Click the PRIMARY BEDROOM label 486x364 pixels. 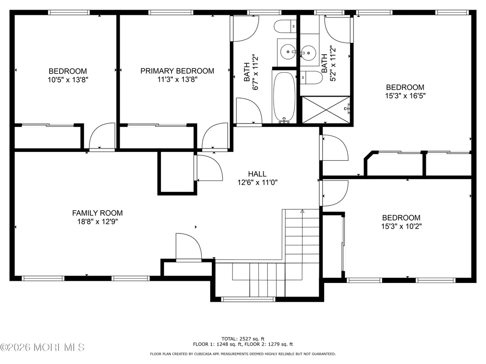(x=177, y=71)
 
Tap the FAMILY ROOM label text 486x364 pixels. (x=97, y=213)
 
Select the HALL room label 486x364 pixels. (x=257, y=174)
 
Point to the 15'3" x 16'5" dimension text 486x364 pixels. (x=405, y=96)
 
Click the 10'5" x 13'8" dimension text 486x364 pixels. (x=68, y=80)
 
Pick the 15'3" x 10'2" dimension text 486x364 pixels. (x=401, y=226)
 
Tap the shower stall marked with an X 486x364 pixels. (x=326, y=110)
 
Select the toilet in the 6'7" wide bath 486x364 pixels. (x=286, y=26)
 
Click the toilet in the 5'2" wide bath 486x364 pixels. (x=312, y=78)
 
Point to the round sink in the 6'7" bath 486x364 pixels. (x=288, y=52)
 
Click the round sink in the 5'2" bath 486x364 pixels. (x=308, y=53)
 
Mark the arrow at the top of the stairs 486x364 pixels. (x=302, y=212)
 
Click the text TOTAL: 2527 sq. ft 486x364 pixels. (x=243, y=339)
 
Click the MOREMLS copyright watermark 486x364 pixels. (x=42, y=347)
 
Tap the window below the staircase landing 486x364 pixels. (x=248, y=299)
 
